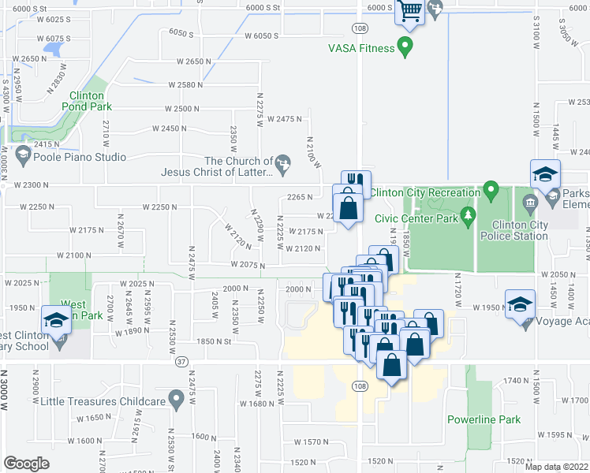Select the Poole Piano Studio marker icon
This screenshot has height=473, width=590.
tap(22, 155)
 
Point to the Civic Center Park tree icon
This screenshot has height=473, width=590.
tap(469, 214)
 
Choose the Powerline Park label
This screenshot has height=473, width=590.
tap(484, 419)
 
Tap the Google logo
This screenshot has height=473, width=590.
tap(26, 463)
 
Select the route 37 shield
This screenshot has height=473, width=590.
tap(181, 362)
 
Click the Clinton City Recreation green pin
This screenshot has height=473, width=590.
tap(491, 190)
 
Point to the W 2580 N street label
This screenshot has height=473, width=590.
tap(182, 84)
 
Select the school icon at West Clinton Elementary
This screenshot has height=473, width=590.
tap(56, 321)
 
